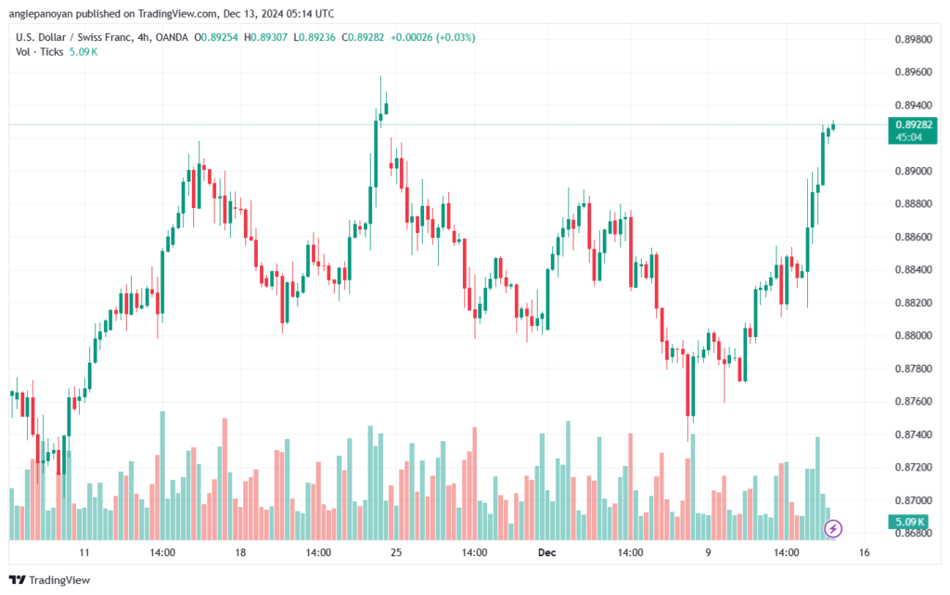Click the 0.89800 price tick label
click(x=913, y=39)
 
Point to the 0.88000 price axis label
click(x=913, y=336)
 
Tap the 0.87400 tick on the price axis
click(x=913, y=434)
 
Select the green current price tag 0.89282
click(x=913, y=130)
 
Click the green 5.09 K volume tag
click(x=909, y=522)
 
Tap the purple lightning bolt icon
click(x=833, y=528)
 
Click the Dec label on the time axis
click(x=546, y=552)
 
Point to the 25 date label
click(x=396, y=552)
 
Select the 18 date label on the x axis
click(x=240, y=552)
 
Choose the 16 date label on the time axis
click(x=864, y=552)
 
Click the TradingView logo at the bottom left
click(x=50, y=580)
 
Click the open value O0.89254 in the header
click(x=216, y=37)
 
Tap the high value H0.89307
click(x=265, y=37)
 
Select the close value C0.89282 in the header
click(x=363, y=37)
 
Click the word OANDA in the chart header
click(x=172, y=37)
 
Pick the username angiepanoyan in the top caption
click(x=41, y=13)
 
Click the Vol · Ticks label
click(x=39, y=52)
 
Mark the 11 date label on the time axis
click(x=84, y=552)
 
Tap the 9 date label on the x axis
click(x=708, y=552)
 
